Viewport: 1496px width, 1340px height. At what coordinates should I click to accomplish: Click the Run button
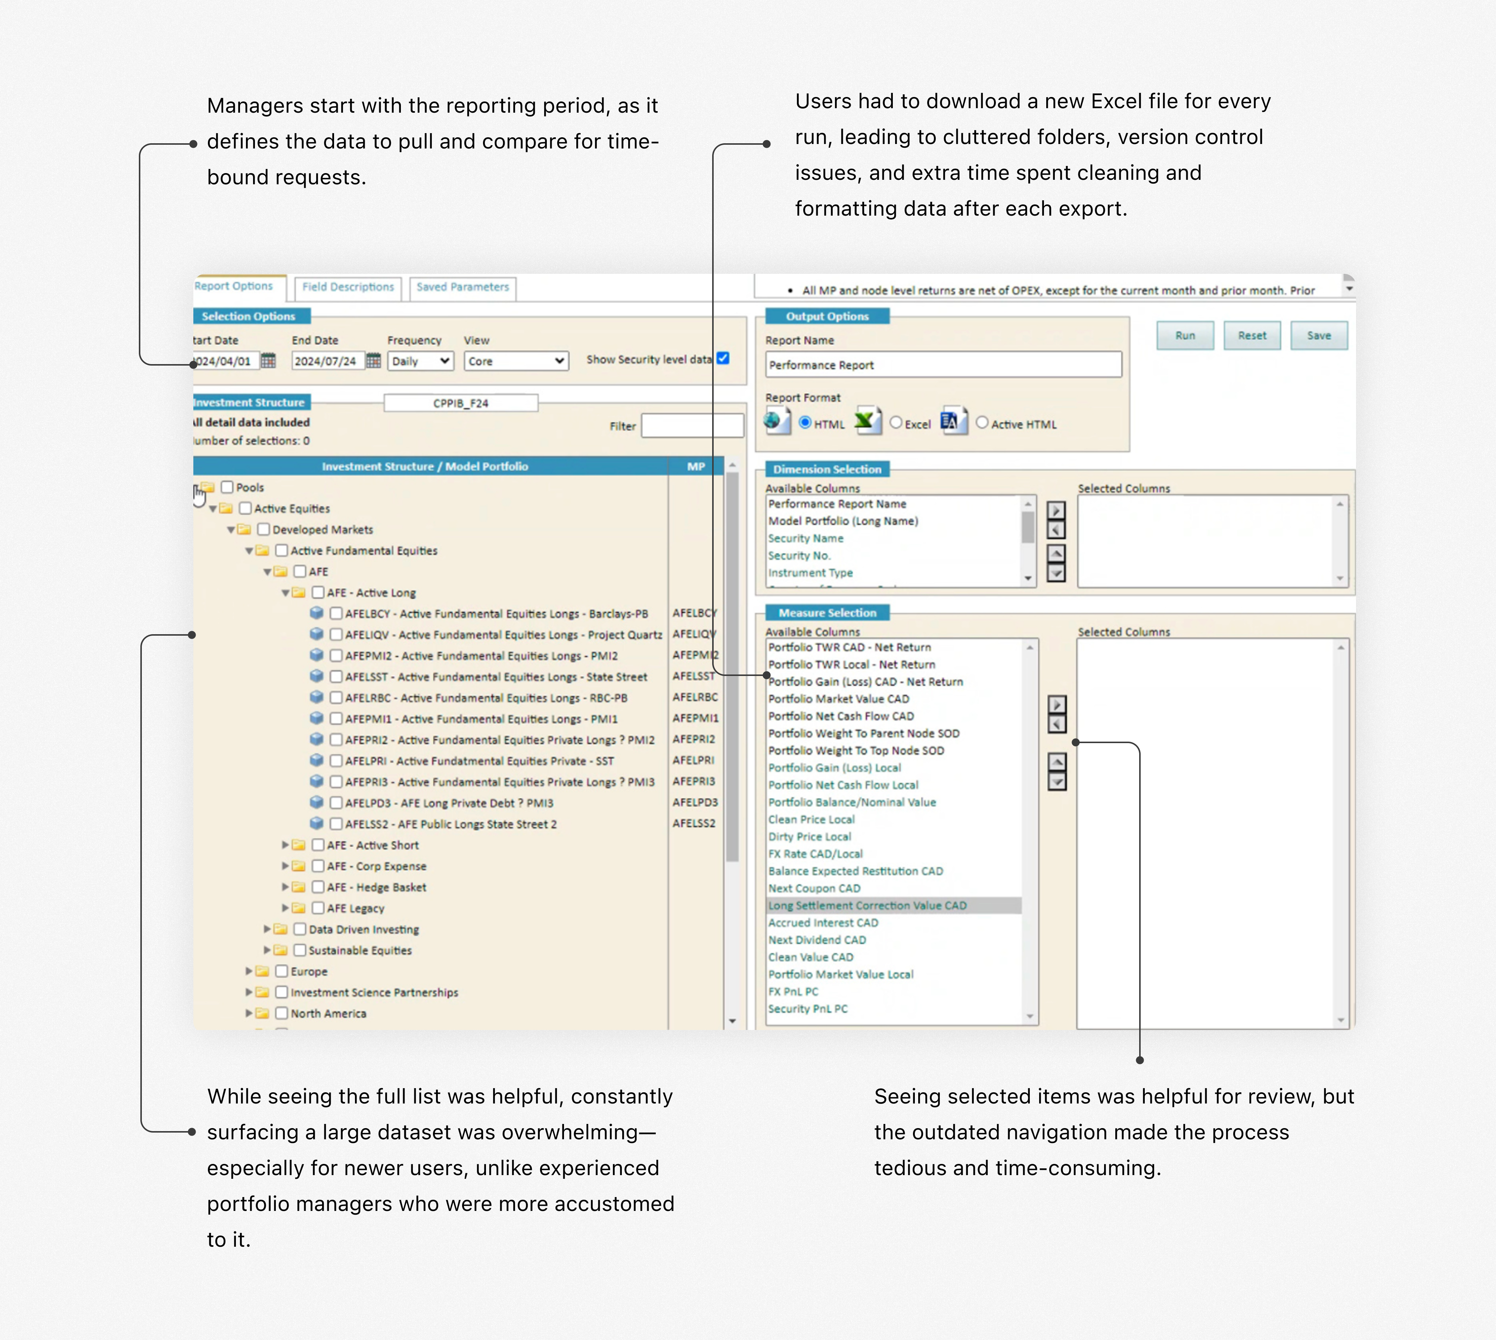pyautogui.click(x=1184, y=336)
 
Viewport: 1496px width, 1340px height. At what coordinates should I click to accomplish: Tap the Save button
pyautogui.click(x=1318, y=336)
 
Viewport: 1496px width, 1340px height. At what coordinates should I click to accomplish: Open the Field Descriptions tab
pyautogui.click(x=347, y=287)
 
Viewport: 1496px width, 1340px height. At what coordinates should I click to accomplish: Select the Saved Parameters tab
pyautogui.click(x=462, y=287)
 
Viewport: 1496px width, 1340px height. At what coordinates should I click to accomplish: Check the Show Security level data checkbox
pyautogui.click(x=723, y=359)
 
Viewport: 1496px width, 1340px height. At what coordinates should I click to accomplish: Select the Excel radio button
pyautogui.click(x=896, y=423)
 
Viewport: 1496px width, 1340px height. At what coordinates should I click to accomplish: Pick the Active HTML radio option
pyautogui.click(x=982, y=423)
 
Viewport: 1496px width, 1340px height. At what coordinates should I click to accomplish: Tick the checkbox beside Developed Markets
pyautogui.click(x=264, y=529)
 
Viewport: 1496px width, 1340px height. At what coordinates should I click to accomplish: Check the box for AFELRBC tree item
pyautogui.click(x=336, y=697)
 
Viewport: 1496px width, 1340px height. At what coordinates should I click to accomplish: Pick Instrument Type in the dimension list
pyautogui.click(x=810, y=573)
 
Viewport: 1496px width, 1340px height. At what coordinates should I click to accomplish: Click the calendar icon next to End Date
pyautogui.click(x=374, y=361)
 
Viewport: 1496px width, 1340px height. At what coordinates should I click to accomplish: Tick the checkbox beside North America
pyautogui.click(x=281, y=1013)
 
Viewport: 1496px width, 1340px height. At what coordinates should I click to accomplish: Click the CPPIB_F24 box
pyautogui.click(x=460, y=403)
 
